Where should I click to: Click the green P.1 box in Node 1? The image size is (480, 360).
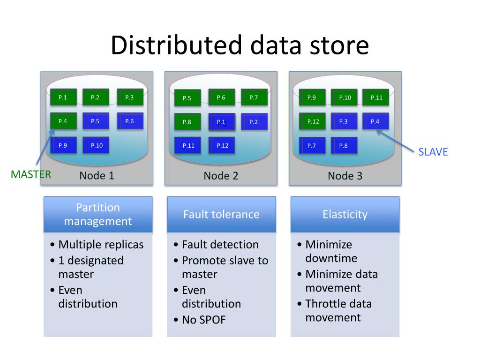(x=63, y=97)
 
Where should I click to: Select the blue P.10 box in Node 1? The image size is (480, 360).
(x=96, y=145)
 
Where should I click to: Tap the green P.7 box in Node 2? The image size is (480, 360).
(x=254, y=97)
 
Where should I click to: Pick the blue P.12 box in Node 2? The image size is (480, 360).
(x=222, y=145)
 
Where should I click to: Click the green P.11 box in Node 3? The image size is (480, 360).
(x=375, y=97)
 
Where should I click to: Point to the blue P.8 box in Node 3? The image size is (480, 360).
(x=344, y=145)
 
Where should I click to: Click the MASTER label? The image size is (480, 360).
(x=31, y=174)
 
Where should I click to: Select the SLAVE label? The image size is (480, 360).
(x=433, y=152)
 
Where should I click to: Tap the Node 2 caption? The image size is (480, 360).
(x=221, y=176)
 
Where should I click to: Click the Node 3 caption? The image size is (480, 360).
(x=345, y=176)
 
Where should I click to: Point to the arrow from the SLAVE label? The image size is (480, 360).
(x=395, y=141)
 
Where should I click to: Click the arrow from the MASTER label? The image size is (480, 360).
(x=45, y=147)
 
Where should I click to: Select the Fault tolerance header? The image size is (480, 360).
(x=221, y=214)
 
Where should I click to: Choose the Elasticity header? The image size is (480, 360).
(x=345, y=214)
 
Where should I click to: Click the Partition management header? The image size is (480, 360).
(x=98, y=214)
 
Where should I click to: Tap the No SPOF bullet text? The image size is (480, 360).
(x=204, y=320)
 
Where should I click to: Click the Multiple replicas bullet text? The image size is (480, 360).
(x=101, y=245)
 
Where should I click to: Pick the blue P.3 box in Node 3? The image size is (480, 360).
(x=344, y=121)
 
